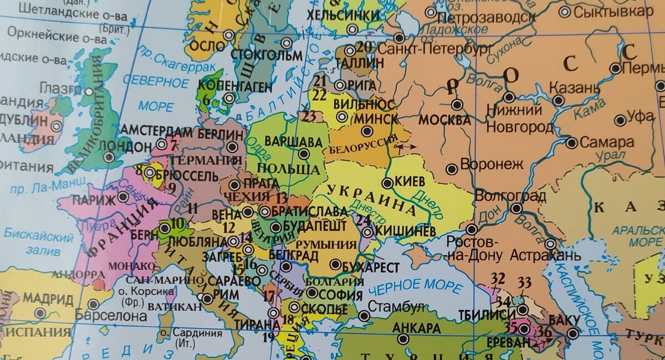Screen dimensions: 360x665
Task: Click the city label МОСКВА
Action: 444,120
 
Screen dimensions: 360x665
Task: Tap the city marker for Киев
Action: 387,183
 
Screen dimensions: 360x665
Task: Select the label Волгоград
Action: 511,196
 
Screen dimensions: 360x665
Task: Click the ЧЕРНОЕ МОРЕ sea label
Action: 416,287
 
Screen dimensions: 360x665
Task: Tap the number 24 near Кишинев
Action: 363,220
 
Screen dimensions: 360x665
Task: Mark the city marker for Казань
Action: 559,101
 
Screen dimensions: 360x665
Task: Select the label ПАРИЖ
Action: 89,199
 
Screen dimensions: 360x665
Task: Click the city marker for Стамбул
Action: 364,316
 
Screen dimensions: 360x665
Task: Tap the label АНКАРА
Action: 416,327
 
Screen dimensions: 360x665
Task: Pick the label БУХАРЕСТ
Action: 371,268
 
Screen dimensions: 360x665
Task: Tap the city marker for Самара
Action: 572,143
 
